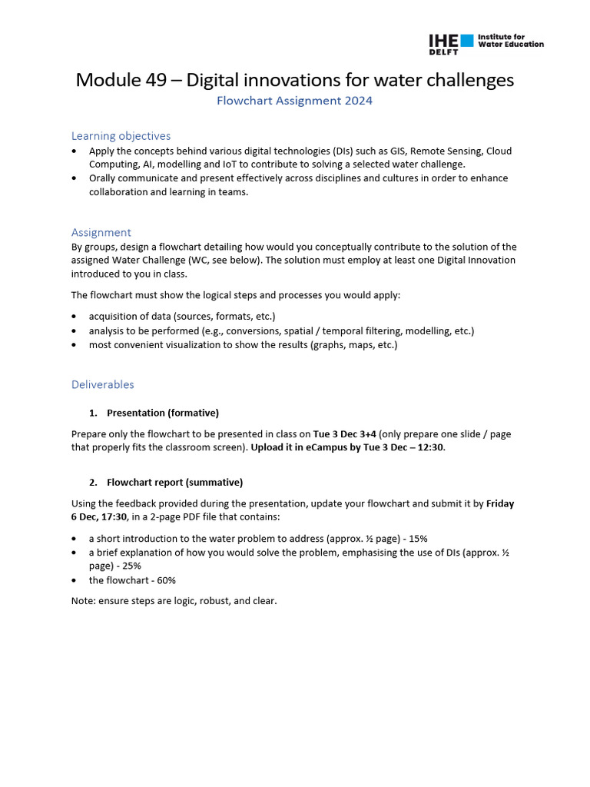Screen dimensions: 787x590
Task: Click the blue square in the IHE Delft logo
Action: point(466,40)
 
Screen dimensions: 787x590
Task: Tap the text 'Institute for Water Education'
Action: point(510,40)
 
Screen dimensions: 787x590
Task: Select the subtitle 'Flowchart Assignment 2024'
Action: point(295,101)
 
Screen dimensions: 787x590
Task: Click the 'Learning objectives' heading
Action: point(121,136)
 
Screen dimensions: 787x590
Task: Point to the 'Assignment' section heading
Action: point(101,232)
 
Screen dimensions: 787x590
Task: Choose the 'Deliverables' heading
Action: point(102,384)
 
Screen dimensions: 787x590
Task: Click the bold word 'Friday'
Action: point(500,504)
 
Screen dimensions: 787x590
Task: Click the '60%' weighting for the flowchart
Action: point(164,580)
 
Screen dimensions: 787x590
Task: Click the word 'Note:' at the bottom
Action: point(83,601)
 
